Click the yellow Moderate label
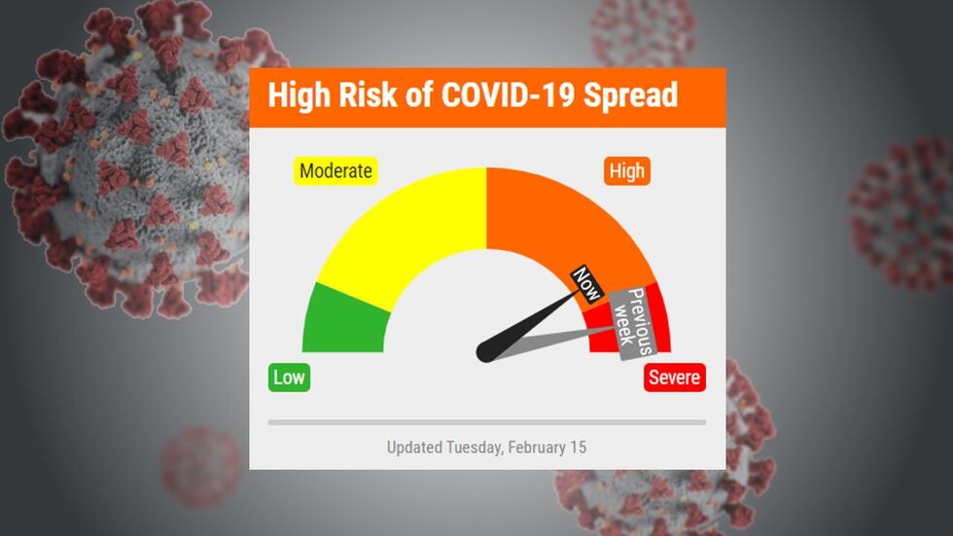coord(335,171)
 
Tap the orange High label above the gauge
coord(626,171)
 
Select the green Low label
coord(289,377)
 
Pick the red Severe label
coord(674,377)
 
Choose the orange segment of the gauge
coord(554,224)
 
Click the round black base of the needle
coord(486,351)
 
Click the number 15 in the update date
coord(578,447)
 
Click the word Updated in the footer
coord(414,447)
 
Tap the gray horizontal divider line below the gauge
coord(486,422)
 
